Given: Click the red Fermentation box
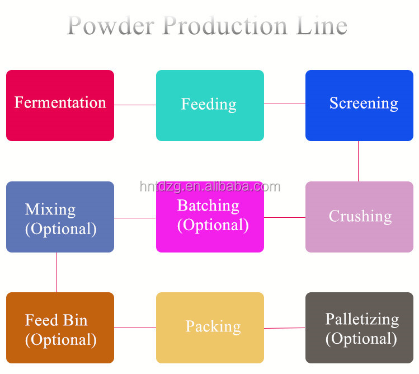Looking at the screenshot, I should click(x=60, y=105).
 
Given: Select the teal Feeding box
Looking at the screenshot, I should click(x=210, y=105).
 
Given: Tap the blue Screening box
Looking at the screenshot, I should click(x=359, y=105).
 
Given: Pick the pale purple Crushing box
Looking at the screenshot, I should click(x=359, y=217).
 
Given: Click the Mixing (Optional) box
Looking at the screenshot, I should click(x=60, y=217).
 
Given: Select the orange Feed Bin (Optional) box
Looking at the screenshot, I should click(x=60, y=328).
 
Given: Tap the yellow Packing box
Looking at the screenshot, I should click(x=210, y=328).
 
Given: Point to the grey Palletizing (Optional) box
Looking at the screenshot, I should click(x=359, y=328).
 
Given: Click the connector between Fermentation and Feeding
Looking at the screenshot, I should click(x=135, y=105).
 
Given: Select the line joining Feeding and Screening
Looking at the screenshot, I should click(x=284, y=104).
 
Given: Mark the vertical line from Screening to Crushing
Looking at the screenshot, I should click(x=358, y=161).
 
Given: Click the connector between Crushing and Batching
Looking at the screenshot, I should click(x=284, y=217).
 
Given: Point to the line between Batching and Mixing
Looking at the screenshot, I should click(x=135, y=218).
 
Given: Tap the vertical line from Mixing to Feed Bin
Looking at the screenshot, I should click(x=56, y=272).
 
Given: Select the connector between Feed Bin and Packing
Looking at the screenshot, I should click(x=135, y=328).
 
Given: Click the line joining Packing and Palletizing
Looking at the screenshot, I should click(x=284, y=328).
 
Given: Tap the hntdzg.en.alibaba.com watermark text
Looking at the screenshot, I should click(x=210, y=186).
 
